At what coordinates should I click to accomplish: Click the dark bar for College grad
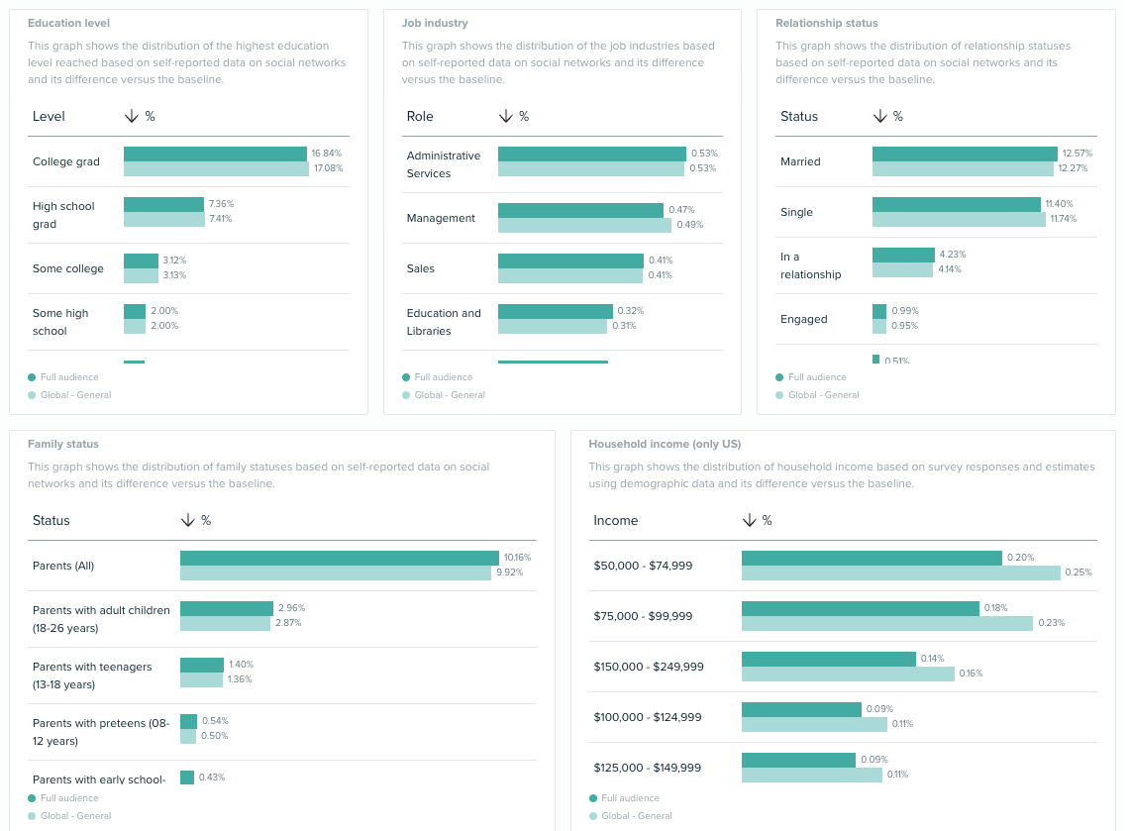tap(215, 154)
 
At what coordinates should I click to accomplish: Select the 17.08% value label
tap(327, 169)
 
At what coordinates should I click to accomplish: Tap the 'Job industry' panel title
tap(435, 23)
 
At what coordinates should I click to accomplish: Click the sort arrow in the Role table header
tap(506, 116)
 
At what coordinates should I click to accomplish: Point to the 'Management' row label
tap(441, 218)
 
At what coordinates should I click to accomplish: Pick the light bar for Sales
tap(569, 276)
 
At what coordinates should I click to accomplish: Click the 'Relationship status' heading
tap(826, 23)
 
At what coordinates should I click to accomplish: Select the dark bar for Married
tap(965, 154)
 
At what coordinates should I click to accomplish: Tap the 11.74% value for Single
tap(1063, 220)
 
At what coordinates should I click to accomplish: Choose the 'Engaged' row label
tap(803, 319)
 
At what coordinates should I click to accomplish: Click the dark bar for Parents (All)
tap(339, 558)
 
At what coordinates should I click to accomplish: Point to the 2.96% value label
tap(291, 608)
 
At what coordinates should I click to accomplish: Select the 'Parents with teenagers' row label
tap(92, 675)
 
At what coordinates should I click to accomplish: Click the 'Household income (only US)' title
tap(665, 444)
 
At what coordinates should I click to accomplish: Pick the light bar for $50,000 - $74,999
tap(900, 573)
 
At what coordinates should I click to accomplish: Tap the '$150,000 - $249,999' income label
tap(648, 667)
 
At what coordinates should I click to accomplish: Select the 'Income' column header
tap(615, 520)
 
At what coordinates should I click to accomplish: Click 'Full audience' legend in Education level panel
tap(68, 377)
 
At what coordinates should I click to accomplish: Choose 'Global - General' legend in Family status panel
tap(74, 816)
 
